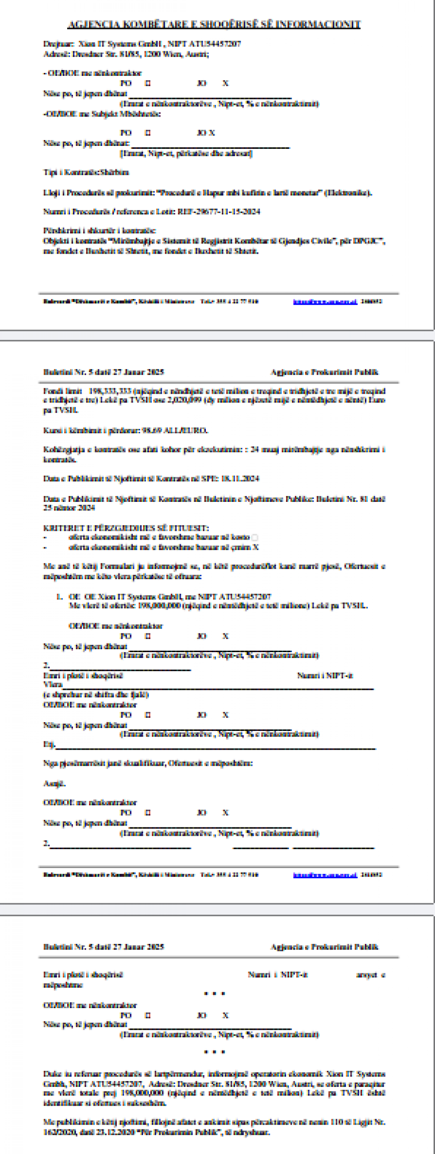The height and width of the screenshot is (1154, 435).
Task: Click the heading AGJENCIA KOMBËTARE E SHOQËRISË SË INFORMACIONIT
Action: coord(214,24)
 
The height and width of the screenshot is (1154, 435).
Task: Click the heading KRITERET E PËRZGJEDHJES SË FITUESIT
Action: coord(126,528)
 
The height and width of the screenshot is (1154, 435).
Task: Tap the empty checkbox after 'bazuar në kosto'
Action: coord(255,538)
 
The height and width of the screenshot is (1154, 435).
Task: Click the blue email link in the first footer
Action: coord(325,302)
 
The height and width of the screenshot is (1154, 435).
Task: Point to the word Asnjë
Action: coord(54,784)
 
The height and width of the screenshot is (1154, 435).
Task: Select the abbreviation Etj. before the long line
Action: coord(49,744)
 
